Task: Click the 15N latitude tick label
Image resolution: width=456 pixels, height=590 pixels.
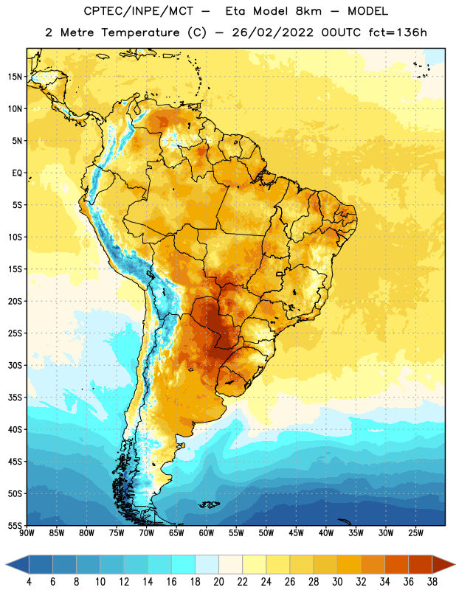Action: [x=15, y=77]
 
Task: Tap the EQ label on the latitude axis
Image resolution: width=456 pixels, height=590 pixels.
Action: [x=17, y=173]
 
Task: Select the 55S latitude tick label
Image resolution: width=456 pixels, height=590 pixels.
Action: [x=15, y=525]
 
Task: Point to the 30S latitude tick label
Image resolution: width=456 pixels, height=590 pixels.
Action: [x=15, y=365]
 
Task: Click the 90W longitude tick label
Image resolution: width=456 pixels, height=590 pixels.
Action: [x=27, y=533]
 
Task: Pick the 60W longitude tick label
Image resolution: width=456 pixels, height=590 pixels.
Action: [x=207, y=533]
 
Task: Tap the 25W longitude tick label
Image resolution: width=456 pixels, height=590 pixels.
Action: [x=415, y=533]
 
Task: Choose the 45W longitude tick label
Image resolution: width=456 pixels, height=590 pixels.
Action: [x=296, y=533]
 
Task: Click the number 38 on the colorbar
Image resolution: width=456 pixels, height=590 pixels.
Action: [x=432, y=582]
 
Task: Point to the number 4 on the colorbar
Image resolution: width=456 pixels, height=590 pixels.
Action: [x=29, y=582]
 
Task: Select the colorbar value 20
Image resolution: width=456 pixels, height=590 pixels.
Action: [x=218, y=582]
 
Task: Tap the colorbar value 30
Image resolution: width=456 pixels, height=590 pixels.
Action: [x=337, y=582]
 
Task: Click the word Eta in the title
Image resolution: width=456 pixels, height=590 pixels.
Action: [x=235, y=11]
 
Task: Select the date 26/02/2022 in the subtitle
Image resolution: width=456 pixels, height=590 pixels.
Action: [x=272, y=32]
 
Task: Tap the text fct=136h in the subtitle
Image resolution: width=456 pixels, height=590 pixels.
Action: [x=398, y=32]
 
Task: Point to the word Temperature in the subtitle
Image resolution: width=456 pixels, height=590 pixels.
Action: [x=140, y=33]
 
